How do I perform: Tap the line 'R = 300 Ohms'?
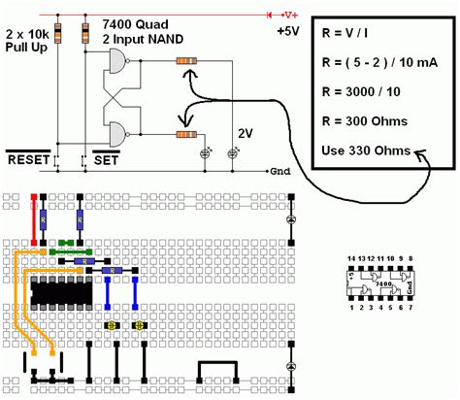[362, 122]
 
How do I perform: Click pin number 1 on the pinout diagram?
[352, 309]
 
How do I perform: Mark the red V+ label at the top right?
[289, 14]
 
